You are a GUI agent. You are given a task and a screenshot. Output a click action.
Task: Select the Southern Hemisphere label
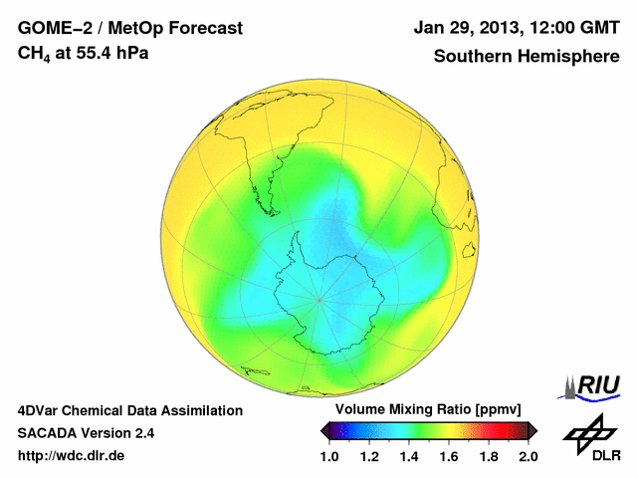tap(527, 56)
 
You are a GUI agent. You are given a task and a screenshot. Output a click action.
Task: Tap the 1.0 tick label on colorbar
tap(329, 456)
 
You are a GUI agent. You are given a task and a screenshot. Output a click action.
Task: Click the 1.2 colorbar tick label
tap(369, 456)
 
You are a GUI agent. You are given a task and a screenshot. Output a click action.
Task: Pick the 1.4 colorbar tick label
tap(409, 456)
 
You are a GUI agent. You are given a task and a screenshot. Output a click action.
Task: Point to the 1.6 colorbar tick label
tap(449, 456)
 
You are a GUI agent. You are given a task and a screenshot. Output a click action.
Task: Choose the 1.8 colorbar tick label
tap(489, 456)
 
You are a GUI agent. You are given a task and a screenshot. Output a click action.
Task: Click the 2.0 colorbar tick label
tap(529, 456)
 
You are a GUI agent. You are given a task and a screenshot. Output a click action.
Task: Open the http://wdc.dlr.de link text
tap(72, 456)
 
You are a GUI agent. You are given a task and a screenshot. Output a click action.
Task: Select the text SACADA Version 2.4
tap(86, 433)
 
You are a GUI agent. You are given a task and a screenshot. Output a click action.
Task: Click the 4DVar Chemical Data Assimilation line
tap(129, 410)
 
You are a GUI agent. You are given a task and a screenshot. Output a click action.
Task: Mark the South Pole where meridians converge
tap(318, 296)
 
